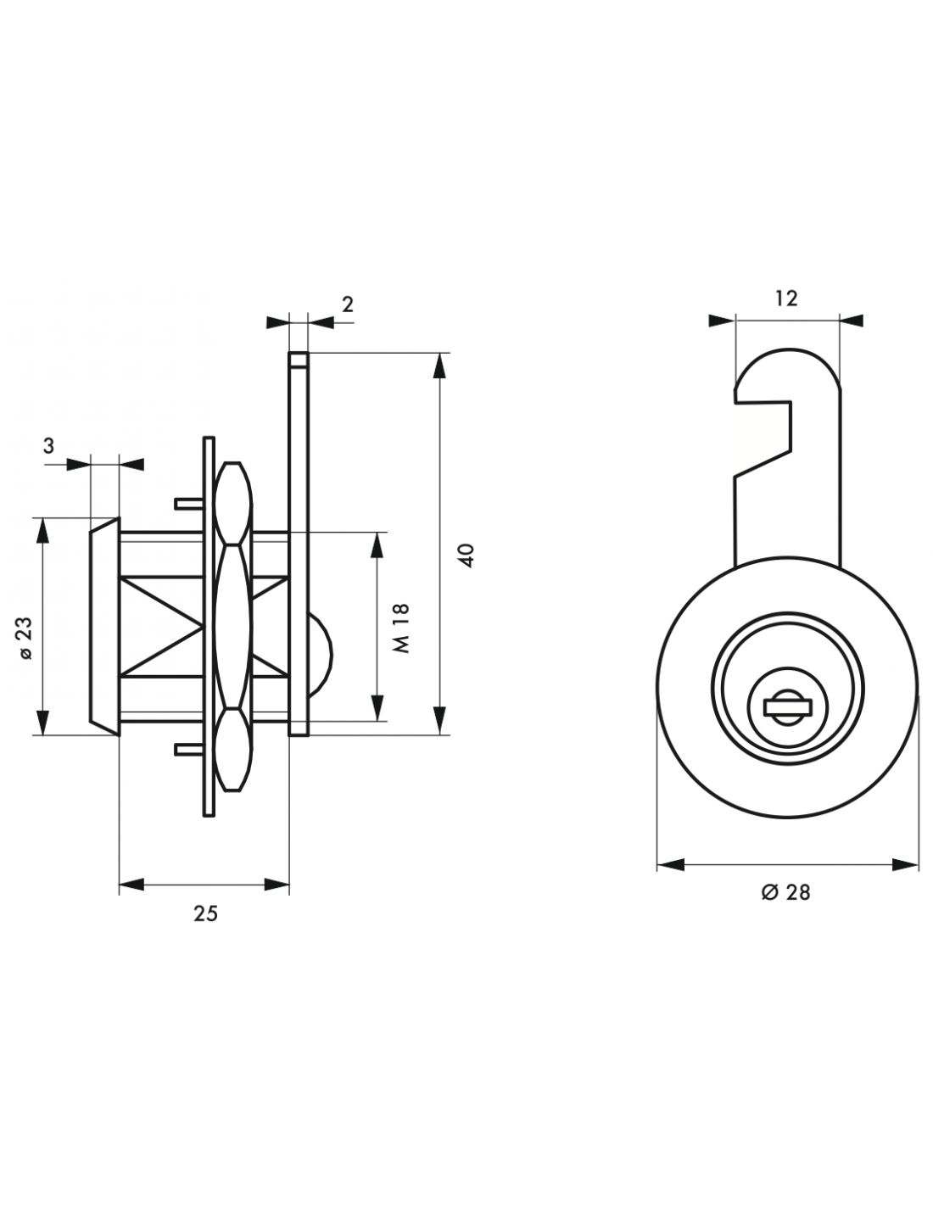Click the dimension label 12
pos(786,299)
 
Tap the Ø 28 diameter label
pos(785,892)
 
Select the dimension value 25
pos(205,913)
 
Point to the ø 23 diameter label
pos(26,638)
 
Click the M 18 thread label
pos(401,628)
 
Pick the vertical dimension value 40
pos(467,556)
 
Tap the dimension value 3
pos(49,445)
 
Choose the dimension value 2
pos(348,304)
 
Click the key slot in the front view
pos(788,707)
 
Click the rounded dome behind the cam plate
pos(321,655)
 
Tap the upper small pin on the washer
pos(189,504)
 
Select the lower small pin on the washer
pos(189,750)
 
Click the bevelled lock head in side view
pos(104,627)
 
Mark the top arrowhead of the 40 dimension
pos(439,366)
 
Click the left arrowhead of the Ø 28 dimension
pos(670,865)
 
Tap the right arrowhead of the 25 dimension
pos(277,885)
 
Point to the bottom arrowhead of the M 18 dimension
pos(377,707)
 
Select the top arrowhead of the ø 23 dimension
pos(42,531)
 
